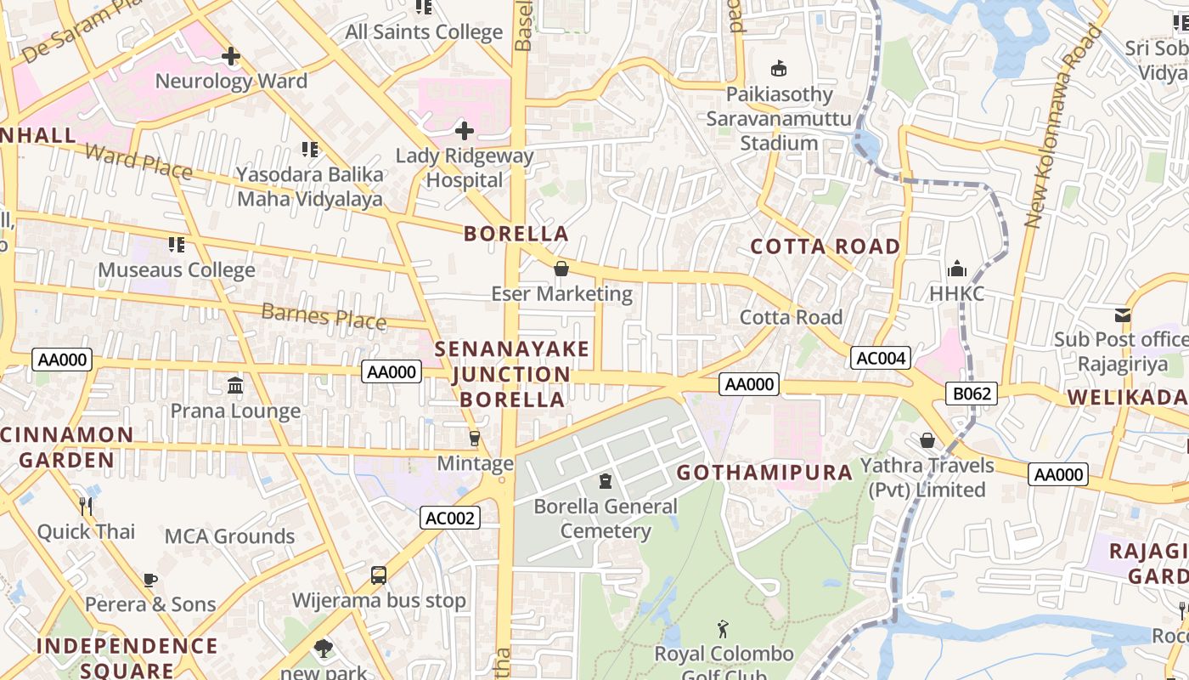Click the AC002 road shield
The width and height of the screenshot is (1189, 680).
(450, 518)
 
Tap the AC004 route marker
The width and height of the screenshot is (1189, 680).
(881, 358)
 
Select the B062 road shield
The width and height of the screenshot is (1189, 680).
(972, 394)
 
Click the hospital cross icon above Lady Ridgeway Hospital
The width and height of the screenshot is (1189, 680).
(465, 131)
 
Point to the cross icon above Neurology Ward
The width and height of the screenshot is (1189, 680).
(230, 57)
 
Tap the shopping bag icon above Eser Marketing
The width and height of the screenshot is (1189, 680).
(561, 269)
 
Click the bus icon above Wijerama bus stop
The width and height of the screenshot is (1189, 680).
(379, 575)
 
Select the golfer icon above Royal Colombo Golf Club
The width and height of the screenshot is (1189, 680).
(723, 630)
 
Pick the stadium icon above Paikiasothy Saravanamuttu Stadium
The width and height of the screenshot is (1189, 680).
(778, 68)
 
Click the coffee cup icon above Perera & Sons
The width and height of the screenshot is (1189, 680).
(150, 580)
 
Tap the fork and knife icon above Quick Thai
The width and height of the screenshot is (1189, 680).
(86, 507)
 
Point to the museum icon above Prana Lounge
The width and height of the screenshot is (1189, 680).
(235, 386)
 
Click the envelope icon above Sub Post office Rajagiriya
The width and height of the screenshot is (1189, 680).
(1123, 315)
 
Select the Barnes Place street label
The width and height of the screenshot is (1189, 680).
(324, 316)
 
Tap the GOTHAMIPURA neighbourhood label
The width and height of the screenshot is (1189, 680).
(764, 473)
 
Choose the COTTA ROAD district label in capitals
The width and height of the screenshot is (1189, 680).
(825, 246)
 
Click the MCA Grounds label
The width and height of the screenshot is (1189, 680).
(229, 536)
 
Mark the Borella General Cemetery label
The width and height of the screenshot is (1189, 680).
(606, 518)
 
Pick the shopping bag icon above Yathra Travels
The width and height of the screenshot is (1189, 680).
(927, 440)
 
